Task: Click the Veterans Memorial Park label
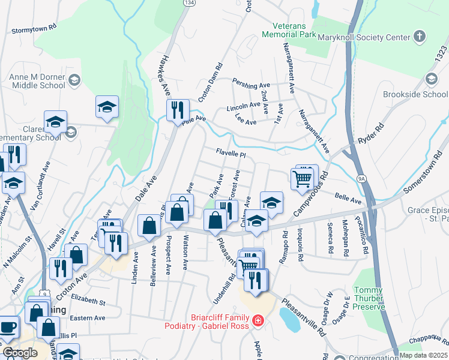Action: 294,31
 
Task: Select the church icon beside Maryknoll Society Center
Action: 420,37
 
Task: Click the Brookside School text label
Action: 415,95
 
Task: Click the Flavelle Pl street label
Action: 232,154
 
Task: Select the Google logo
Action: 20,352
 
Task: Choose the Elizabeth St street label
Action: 88,300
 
